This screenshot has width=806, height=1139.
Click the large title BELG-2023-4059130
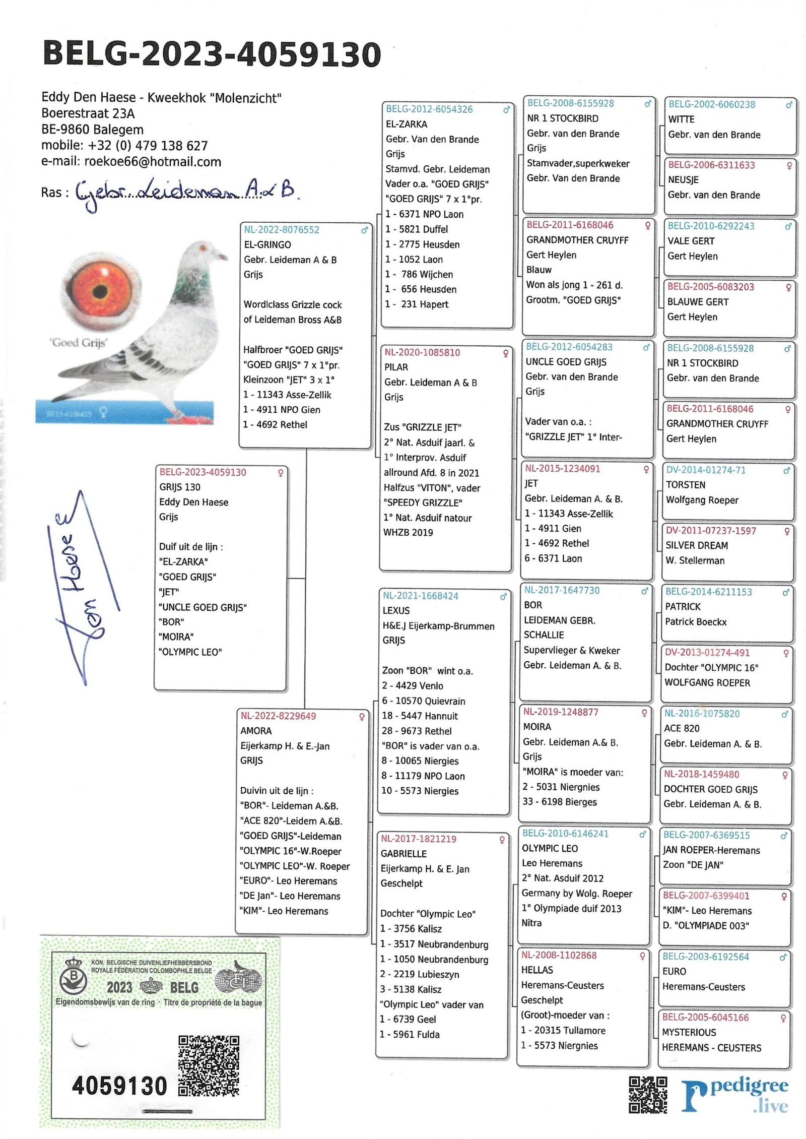(212, 54)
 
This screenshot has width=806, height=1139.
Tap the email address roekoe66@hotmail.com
(152, 162)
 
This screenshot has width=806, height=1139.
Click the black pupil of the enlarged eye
(100, 291)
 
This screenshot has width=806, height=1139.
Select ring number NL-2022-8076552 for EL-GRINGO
(282, 230)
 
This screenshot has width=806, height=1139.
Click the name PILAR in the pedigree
(396, 367)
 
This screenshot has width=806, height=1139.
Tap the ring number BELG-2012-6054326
(429, 109)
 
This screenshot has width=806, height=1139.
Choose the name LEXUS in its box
(396, 610)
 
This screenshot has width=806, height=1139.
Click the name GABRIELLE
(404, 854)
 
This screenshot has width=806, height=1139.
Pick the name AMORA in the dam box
(256, 731)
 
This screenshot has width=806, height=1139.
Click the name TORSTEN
(686, 485)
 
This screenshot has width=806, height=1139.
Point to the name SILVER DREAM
(697, 545)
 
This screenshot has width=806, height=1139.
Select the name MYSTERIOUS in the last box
(689, 1032)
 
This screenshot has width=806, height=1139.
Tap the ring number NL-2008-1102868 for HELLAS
(559, 955)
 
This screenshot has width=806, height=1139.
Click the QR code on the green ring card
(209, 1065)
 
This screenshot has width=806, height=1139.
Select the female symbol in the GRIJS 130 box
(281, 473)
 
